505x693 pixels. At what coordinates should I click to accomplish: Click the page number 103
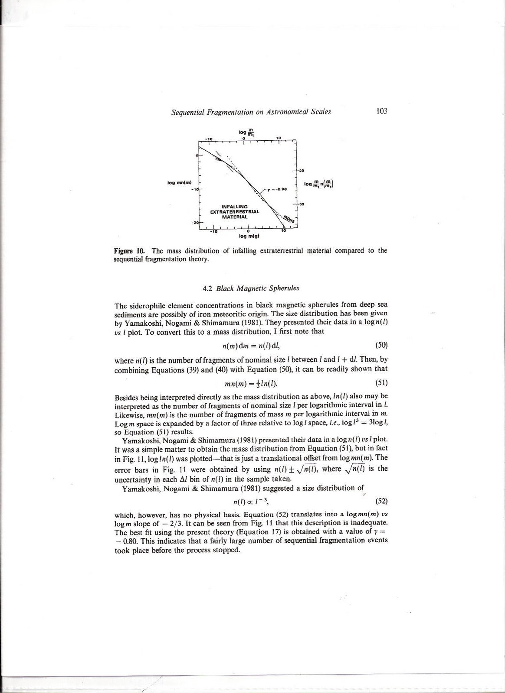pos(382,111)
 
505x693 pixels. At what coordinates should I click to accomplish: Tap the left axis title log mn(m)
pos(177,182)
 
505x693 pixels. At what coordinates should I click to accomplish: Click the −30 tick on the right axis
pos(302,204)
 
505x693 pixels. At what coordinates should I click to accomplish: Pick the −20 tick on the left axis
pos(194,222)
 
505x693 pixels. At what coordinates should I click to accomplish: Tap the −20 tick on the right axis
pos(302,170)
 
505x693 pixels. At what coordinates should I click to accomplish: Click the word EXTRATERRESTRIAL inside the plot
pos(235,211)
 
